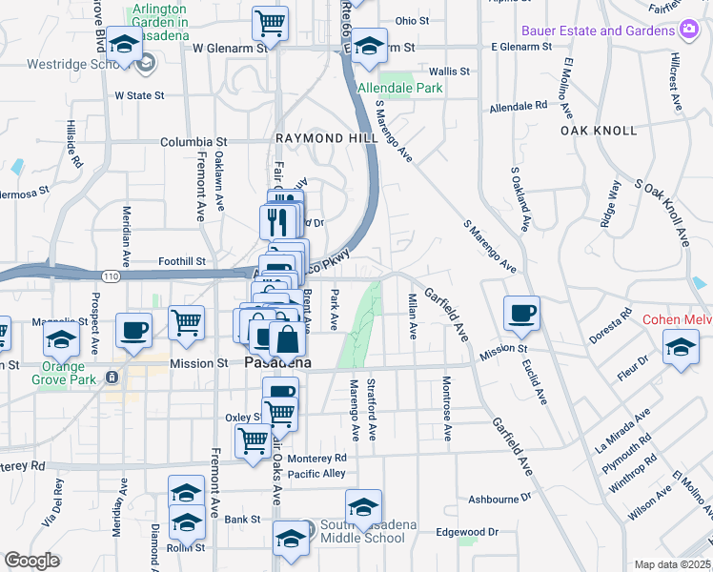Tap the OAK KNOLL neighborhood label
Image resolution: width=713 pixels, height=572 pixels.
(x=598, y=130)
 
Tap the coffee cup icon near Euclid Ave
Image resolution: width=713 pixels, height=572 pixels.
(x=521, y=314)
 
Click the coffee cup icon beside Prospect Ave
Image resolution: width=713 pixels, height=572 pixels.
(x=132, y=331)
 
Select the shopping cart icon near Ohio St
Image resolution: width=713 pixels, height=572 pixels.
(x=270, y=24)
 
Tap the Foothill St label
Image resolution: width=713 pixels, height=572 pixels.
(x=182, y=261)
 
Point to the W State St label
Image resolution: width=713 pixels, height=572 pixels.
(x=140, y=95)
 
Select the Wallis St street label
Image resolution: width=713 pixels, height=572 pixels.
(x=449, y=71)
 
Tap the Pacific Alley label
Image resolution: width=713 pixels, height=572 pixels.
(x=316, y=474)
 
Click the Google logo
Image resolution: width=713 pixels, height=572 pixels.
(x=32, y=561)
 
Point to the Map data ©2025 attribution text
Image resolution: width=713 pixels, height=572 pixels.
(x=673, y=564)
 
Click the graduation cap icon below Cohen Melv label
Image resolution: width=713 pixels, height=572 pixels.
(x=680, y=348)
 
